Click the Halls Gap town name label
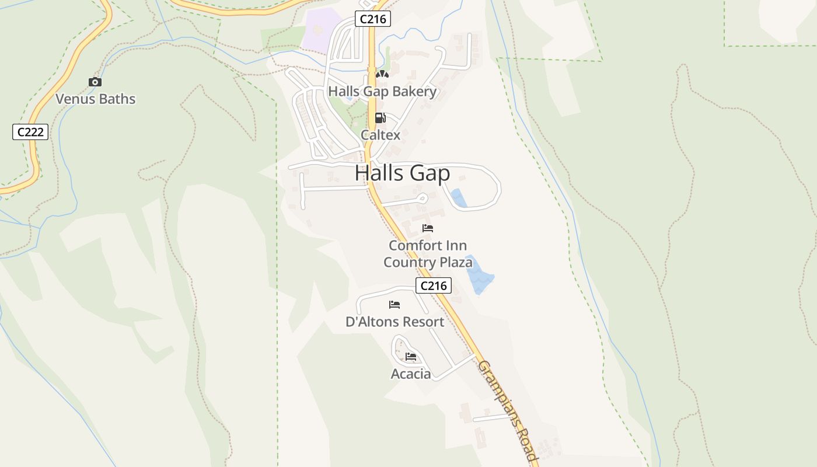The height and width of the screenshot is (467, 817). [402, 173]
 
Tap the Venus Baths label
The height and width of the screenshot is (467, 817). [95, 99]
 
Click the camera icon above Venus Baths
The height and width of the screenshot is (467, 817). [95, 82]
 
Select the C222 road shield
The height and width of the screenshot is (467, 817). [30, 132]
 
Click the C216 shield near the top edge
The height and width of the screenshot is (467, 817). [373, 19]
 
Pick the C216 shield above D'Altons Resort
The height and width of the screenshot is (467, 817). [434, 285]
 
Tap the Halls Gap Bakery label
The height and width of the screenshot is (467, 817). [382, 92]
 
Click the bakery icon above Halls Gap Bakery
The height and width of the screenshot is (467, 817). [382, 75]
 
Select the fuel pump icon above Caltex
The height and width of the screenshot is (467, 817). [380, 118]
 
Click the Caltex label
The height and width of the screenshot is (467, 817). [380, 135]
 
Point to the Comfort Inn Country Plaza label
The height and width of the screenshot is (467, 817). [428, 254]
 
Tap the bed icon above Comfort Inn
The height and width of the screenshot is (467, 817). [428, 228]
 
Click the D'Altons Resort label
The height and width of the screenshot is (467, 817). [394, 322]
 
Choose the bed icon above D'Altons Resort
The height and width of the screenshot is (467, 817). [394, 305]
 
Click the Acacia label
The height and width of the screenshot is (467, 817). [411, 374]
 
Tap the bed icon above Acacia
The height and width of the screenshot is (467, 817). [411, 357]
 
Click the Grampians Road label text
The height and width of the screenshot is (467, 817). [507, 412]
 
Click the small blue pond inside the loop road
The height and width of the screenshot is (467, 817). [459, 198]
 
